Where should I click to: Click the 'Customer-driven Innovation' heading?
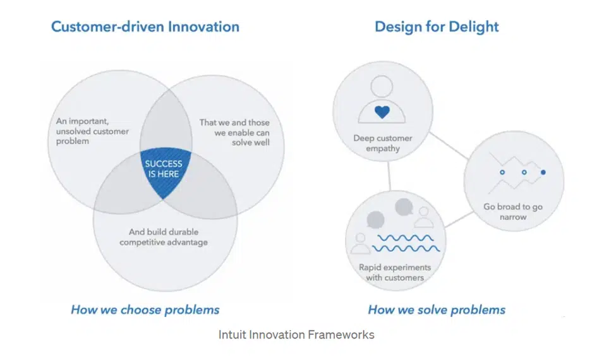pyautogui.click(x=145, y=27)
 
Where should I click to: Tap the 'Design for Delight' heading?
pyautogui.click(x=437, y=27)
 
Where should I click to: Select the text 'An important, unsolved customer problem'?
pyautogui.click(x=92, y=131)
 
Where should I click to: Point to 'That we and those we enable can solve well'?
pyautogui.click(x=234, y=133)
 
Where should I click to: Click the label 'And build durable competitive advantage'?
pyautogui.click(x=164, y=237)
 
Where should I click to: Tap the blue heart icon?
pyautogui.click(x=382, y=112)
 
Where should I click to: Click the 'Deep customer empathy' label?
pyautogui.click(x=383, y=143)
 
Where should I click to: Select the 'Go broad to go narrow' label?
pyautogui.click(x=513, y=212)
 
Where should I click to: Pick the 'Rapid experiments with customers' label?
pyautogui.click(x=395, y=272)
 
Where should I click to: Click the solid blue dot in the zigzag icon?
pyautogui.click(x=543, y=172)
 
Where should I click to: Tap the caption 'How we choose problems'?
pyautogui.click(x=145, y=309)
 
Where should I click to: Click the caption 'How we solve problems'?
pyautogui.click(x=437, y=309)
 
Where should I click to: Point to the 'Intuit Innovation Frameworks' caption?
pyautogui.click(x=296, y=335)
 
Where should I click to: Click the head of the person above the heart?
pyautogui.click(x=382, y=87)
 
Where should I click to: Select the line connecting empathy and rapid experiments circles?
pyautogui.click(x=389, y=176)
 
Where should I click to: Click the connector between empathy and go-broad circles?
pyautogui.click(x=449, y=145)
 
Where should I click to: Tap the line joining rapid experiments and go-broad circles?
pyautogui.click(x=459, y=219)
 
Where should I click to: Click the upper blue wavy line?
pyautogui.click(x=405, y=238)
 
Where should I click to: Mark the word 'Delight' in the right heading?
pyautogui.click(x=473, y=27)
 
